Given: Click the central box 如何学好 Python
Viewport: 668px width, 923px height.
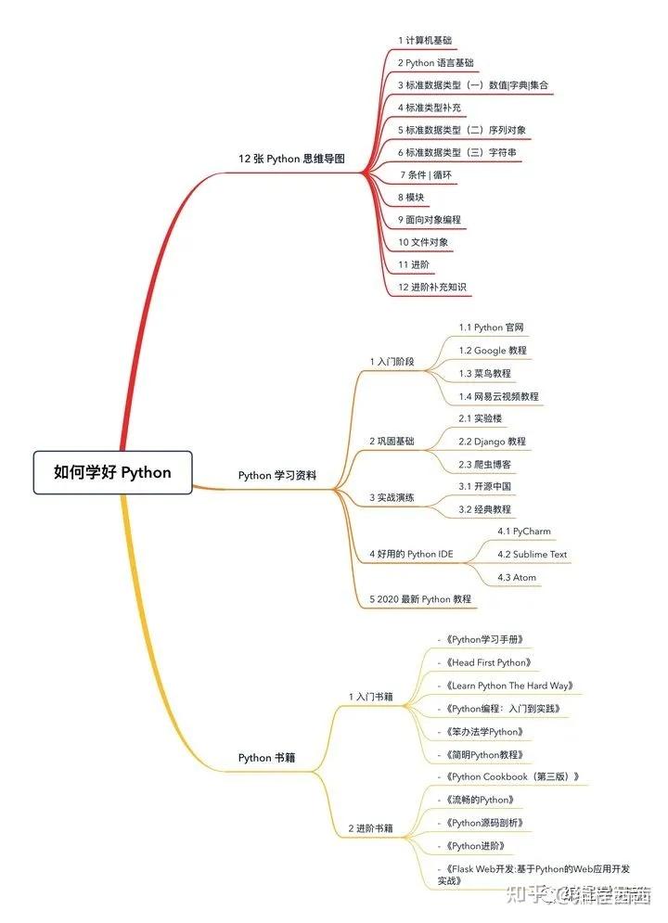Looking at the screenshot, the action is point(112,472).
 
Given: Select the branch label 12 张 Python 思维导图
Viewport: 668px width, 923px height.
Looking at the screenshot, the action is point(290,159).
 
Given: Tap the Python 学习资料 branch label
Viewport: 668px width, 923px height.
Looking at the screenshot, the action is point(276,476).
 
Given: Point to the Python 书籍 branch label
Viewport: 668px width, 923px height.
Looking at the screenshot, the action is point(266,758).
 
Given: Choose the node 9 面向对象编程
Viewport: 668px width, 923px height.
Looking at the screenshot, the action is point(429,220).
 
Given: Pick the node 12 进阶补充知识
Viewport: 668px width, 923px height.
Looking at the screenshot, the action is point(431,288).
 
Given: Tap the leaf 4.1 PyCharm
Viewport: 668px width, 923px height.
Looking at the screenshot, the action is point(523,532).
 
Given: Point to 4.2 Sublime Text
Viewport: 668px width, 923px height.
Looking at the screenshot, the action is point(532,555).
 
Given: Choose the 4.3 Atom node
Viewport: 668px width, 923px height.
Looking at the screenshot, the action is point(517,577).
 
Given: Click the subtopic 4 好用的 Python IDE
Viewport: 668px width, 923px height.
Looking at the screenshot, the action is point(411,555).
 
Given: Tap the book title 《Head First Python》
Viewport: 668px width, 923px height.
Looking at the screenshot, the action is point(488,663).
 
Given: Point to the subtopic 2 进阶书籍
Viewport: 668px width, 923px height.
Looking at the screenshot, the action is point(370,827).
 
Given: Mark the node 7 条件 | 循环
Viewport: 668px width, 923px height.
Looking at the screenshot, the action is point(426,175).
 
